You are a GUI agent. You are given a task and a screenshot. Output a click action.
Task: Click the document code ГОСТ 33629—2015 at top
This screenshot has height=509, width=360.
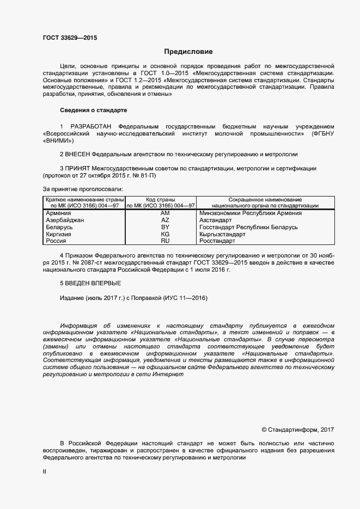70,38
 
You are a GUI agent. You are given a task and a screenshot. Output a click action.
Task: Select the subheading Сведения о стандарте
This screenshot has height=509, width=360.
93,110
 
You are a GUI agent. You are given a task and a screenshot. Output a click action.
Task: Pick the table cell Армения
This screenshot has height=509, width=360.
59,213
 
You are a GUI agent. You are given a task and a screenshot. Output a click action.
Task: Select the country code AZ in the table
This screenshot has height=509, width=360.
165,220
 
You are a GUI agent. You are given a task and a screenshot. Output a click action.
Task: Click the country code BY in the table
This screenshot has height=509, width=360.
165,227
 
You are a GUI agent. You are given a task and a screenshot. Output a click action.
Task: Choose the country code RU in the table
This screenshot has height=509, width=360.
165,241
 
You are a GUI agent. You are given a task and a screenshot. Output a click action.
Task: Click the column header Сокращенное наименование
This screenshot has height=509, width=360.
265,200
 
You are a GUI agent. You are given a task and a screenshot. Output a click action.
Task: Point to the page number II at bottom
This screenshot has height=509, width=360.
45,472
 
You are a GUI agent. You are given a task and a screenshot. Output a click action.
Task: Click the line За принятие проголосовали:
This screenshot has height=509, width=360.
83,189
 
